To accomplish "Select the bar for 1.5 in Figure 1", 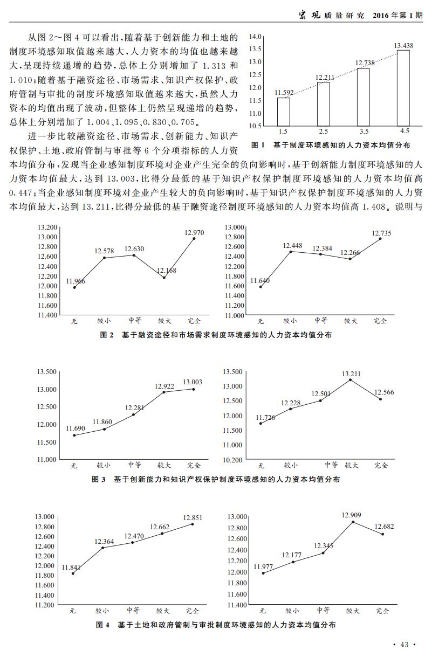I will coord(283,112).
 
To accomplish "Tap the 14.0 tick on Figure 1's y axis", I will coord(255,36).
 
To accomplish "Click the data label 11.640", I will coord(260,281).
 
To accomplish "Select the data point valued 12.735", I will coord(380,239).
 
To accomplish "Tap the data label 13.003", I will coord(193,382).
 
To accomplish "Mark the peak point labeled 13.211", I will coord(350,380).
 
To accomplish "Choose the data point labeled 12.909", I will coord(353,522).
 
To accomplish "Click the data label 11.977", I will coord(264,566).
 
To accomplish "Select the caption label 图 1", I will coord(259,146).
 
